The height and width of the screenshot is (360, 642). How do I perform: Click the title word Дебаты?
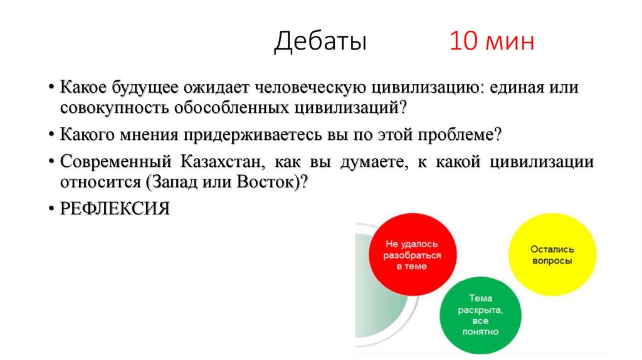(320, 42)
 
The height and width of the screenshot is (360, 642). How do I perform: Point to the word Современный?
(117, 162)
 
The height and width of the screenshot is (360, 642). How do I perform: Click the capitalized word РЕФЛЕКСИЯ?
(115, 208)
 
